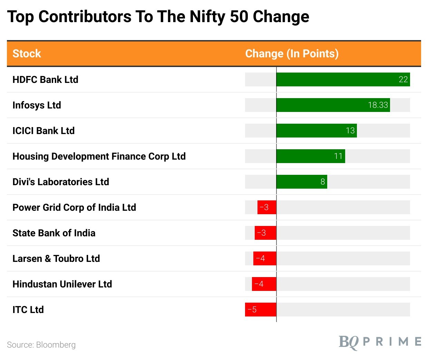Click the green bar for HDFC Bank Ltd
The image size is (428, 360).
pos(343,79)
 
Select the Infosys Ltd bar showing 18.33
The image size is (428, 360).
pos(333,105)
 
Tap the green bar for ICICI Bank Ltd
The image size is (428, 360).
pos(317,131)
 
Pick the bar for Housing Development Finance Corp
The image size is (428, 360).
pos(311,156)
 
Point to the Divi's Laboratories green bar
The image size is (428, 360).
pos(302,182)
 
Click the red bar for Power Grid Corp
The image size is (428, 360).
pos(267,207)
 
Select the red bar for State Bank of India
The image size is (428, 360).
pos(265,233)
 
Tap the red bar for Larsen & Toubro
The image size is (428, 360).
pos(265,258)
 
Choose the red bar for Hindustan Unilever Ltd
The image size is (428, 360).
pos(264,284)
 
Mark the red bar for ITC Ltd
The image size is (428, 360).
pos(261,310)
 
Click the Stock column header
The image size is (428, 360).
pos(27,54)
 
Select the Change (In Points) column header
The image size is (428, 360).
pos(292,54)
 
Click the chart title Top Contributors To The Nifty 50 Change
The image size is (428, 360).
pos(158,17)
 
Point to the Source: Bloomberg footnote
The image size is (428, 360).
pos(41,345)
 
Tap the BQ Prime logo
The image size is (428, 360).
pos(380,342)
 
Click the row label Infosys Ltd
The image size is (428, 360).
pos(37,105)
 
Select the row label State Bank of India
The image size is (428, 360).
pos(54,233)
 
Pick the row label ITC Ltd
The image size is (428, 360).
pos(28,310)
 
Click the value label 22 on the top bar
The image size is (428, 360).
pos(403,79)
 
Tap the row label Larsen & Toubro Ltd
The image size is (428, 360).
pos(56,258)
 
